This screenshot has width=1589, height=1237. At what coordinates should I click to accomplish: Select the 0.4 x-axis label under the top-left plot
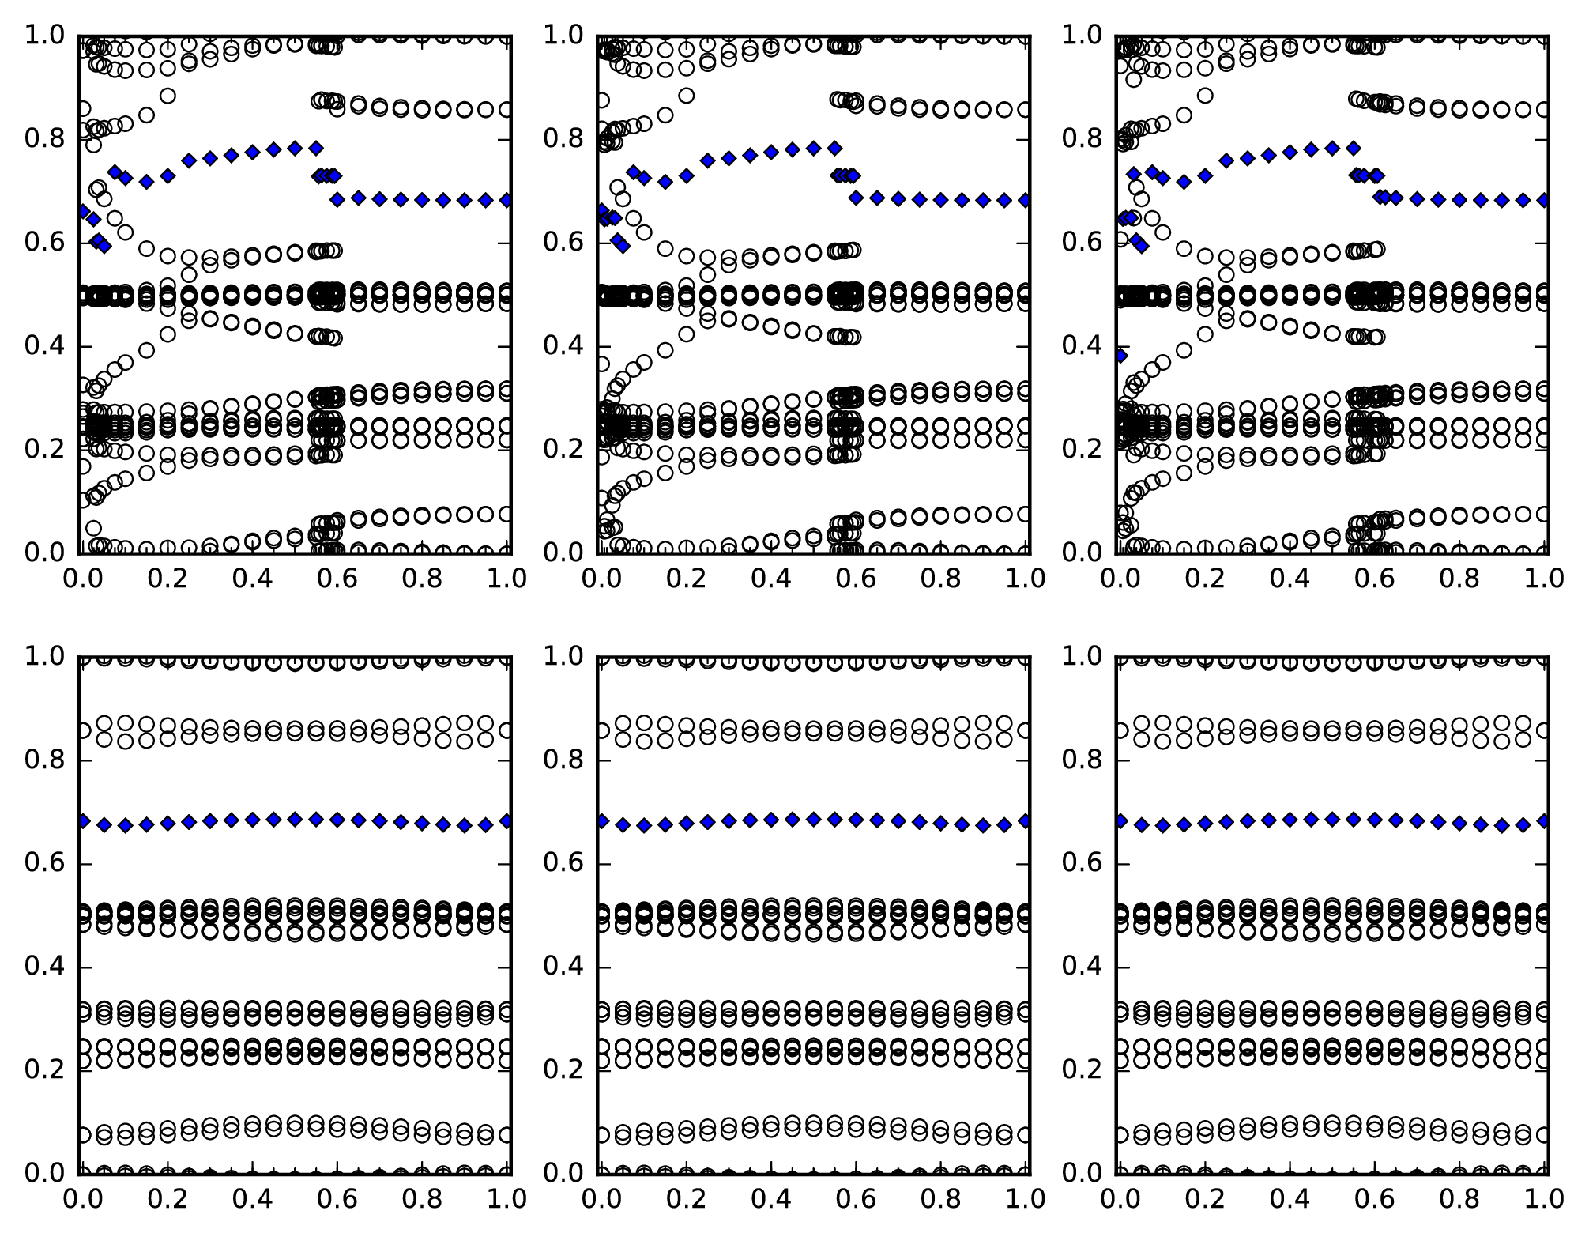[x=254, y=579]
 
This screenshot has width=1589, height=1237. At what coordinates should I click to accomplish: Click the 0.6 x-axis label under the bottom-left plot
[x=340, y=1200]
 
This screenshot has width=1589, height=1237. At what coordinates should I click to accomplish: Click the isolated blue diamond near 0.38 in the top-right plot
[x=1120, y=356]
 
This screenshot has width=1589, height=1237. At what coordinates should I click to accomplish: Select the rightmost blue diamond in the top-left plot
[x=506, y=200]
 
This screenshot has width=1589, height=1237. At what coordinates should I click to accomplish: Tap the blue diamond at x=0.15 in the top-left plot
[x=146, y=182]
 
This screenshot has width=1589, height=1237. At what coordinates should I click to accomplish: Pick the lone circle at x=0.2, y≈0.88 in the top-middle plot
[x=687, y=96]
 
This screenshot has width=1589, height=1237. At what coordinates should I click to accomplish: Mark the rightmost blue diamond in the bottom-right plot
[x=1544, y=821]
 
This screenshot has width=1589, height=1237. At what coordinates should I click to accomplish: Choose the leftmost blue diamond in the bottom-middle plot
[x=602, y=821]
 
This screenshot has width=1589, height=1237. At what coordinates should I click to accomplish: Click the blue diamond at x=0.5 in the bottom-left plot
[x=296, y=819]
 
